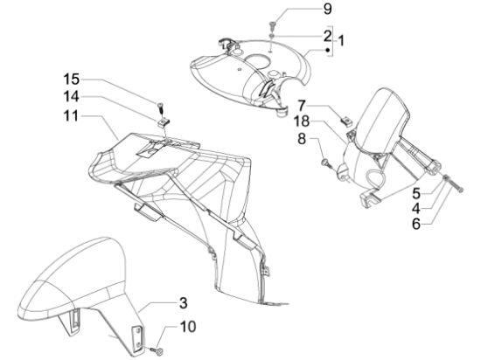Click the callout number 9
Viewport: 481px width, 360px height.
pyautogui.click(x=328, y=9)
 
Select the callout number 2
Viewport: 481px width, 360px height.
pyautogui.click(x=328, y=36)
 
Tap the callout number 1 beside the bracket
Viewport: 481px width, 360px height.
pyautogui.click(x=340, y=40)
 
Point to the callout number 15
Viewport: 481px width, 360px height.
pyautogui.click(x=72, y=80)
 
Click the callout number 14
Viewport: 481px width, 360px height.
pyautogui.click(x=72, y=97)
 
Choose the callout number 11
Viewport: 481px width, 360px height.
pyautogui.click(x=71, y=116)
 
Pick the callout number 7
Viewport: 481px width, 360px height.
pyautogui.click(x=302, y=106)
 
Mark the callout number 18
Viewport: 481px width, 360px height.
pyautogui.click(x=302, y=121)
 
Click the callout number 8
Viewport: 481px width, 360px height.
pyautogui.click(x=302, y=139)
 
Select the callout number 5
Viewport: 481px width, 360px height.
pyautogui.click(x=416, y=194)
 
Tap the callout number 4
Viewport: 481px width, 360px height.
pyautogui.click(x=416, y=209)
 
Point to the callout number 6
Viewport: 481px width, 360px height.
pyautogui.click(x=416, y=224)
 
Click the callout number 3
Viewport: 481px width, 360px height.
pyautogui.click(x=183, y=303)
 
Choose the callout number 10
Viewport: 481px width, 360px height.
pyautogui.click(x=188, y=327)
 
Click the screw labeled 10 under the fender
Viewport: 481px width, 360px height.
pyautogui.click(x=157, y=350)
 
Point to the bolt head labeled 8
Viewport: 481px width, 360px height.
pyautogui.click(x=326, y=163)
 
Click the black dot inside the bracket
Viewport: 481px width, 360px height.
pyautogui.click(x=328, y=50)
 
